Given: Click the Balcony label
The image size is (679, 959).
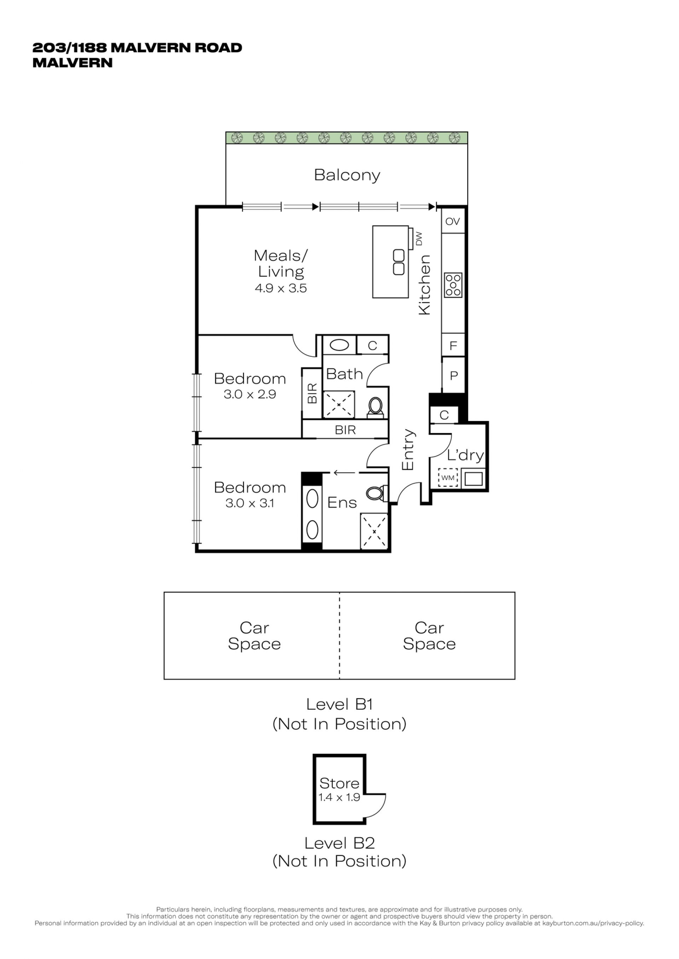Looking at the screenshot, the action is click(x=347, y=176).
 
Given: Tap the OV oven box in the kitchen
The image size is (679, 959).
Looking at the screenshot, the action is click(x=453, y=221).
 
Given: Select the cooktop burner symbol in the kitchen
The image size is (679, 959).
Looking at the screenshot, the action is click(x=453, y=285).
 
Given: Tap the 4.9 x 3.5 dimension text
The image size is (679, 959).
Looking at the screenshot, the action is click(x=281, y=288).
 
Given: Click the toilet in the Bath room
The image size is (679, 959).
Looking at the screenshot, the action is click(x=375, y=407).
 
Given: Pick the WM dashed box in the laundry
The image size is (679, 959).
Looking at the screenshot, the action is click(x=448, y=478).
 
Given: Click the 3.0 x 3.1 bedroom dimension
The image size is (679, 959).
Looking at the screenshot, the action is click(x=250, y=503).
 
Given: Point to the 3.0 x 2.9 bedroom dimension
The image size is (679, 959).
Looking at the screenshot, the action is click(x=250, y=394).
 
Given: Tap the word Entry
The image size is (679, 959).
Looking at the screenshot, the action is click(x=408, y=449).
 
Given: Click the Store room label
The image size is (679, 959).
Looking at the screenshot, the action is click(x=339, y=783).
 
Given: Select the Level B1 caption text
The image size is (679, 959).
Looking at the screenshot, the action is click(x=339, y=704).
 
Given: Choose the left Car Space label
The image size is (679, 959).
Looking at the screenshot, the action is click(x=254, y=636).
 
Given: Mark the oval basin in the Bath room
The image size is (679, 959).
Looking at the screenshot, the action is click(x=339, y=345).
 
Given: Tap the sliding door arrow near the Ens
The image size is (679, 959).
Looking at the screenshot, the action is click(x=344, y=473).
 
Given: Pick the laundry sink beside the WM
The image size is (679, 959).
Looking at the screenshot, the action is click(x=473, y=478).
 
